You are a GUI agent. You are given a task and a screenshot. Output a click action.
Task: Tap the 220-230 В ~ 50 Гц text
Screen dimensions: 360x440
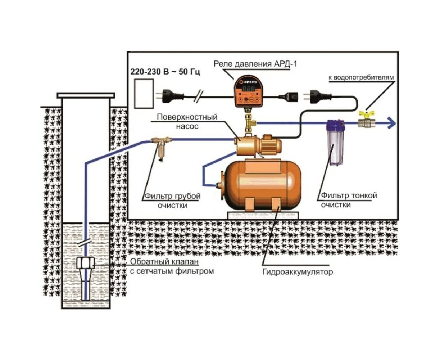pyautogui.click(x=165, y=72)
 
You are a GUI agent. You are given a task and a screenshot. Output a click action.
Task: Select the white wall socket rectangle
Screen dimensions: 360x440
pyautogui.click(x=143, y=94)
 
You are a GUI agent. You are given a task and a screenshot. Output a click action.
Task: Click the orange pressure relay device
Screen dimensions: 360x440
pyautogui.click(x=247, y=92)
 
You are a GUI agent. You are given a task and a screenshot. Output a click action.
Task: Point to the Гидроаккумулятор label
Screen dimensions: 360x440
pyautogui.click(x=298, y=271)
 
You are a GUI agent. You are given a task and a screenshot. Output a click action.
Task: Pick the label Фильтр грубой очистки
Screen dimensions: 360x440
pyautogui.click(x=172, y=201)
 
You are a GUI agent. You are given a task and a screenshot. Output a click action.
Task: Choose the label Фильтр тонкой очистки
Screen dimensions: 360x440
pyautogui.click(x=349, y=200)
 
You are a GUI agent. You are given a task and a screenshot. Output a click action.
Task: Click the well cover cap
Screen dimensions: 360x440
pyautogui.click(x=86, y=95)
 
